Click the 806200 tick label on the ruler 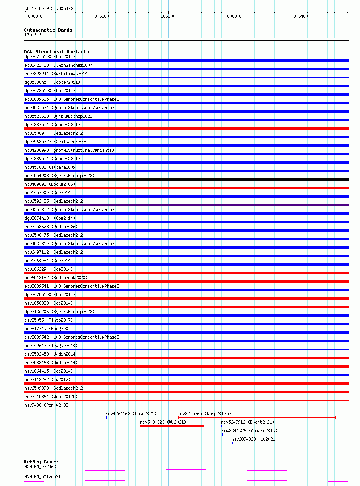[x=168, y=16]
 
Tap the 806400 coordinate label [x=301, y=16]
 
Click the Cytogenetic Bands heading [x=48, y=30]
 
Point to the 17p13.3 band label [x=33, y=35]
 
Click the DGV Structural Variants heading [x=56, y=52]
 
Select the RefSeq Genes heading [x=41, y=462]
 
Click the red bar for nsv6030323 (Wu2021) [x=172, y=426]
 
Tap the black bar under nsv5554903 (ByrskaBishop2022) [x=186, y=180]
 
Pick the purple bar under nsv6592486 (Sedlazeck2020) [x=186, y=205]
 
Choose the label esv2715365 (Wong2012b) [x=204, y=414]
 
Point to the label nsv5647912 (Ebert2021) [x=247, y=422]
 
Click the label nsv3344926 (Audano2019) [x=250, y=431]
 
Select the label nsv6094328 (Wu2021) [x=254, y=439]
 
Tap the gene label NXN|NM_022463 [x=40, y=467]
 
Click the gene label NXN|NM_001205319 [x=44, y=477]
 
